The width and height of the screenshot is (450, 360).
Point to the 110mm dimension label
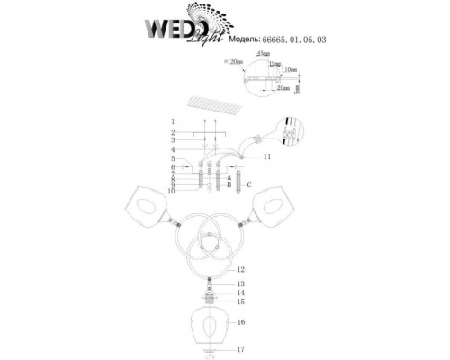pos(289,70)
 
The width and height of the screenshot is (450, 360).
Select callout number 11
pos(267,157)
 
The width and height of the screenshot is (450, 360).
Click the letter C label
pos(248,184)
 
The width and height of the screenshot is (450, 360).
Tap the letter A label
pos(230,178)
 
